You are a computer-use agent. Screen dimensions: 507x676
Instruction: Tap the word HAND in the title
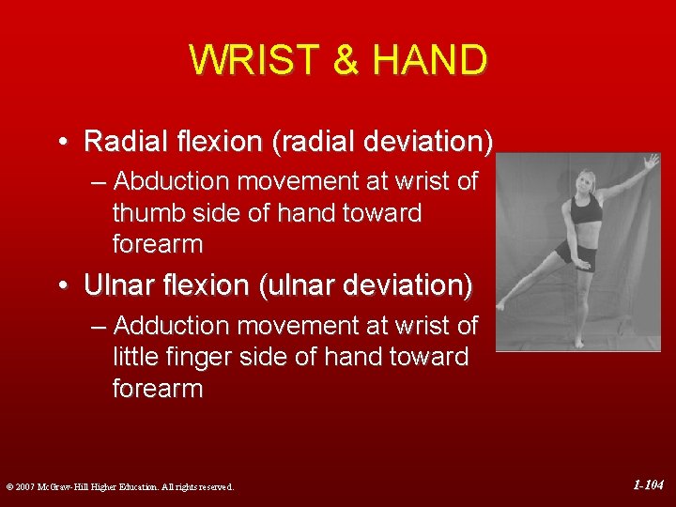(x=429, y=60)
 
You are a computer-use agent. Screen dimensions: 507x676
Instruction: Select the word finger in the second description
(x=201, y=357)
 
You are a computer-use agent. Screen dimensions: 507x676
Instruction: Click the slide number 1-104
(x=648, y=485)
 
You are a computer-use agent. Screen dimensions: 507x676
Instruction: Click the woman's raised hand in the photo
(x=651, y=162)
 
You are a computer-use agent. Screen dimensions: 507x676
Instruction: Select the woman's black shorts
(x=575, y=253)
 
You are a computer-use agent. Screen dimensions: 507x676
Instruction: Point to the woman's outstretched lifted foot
(x=500, y=305)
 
